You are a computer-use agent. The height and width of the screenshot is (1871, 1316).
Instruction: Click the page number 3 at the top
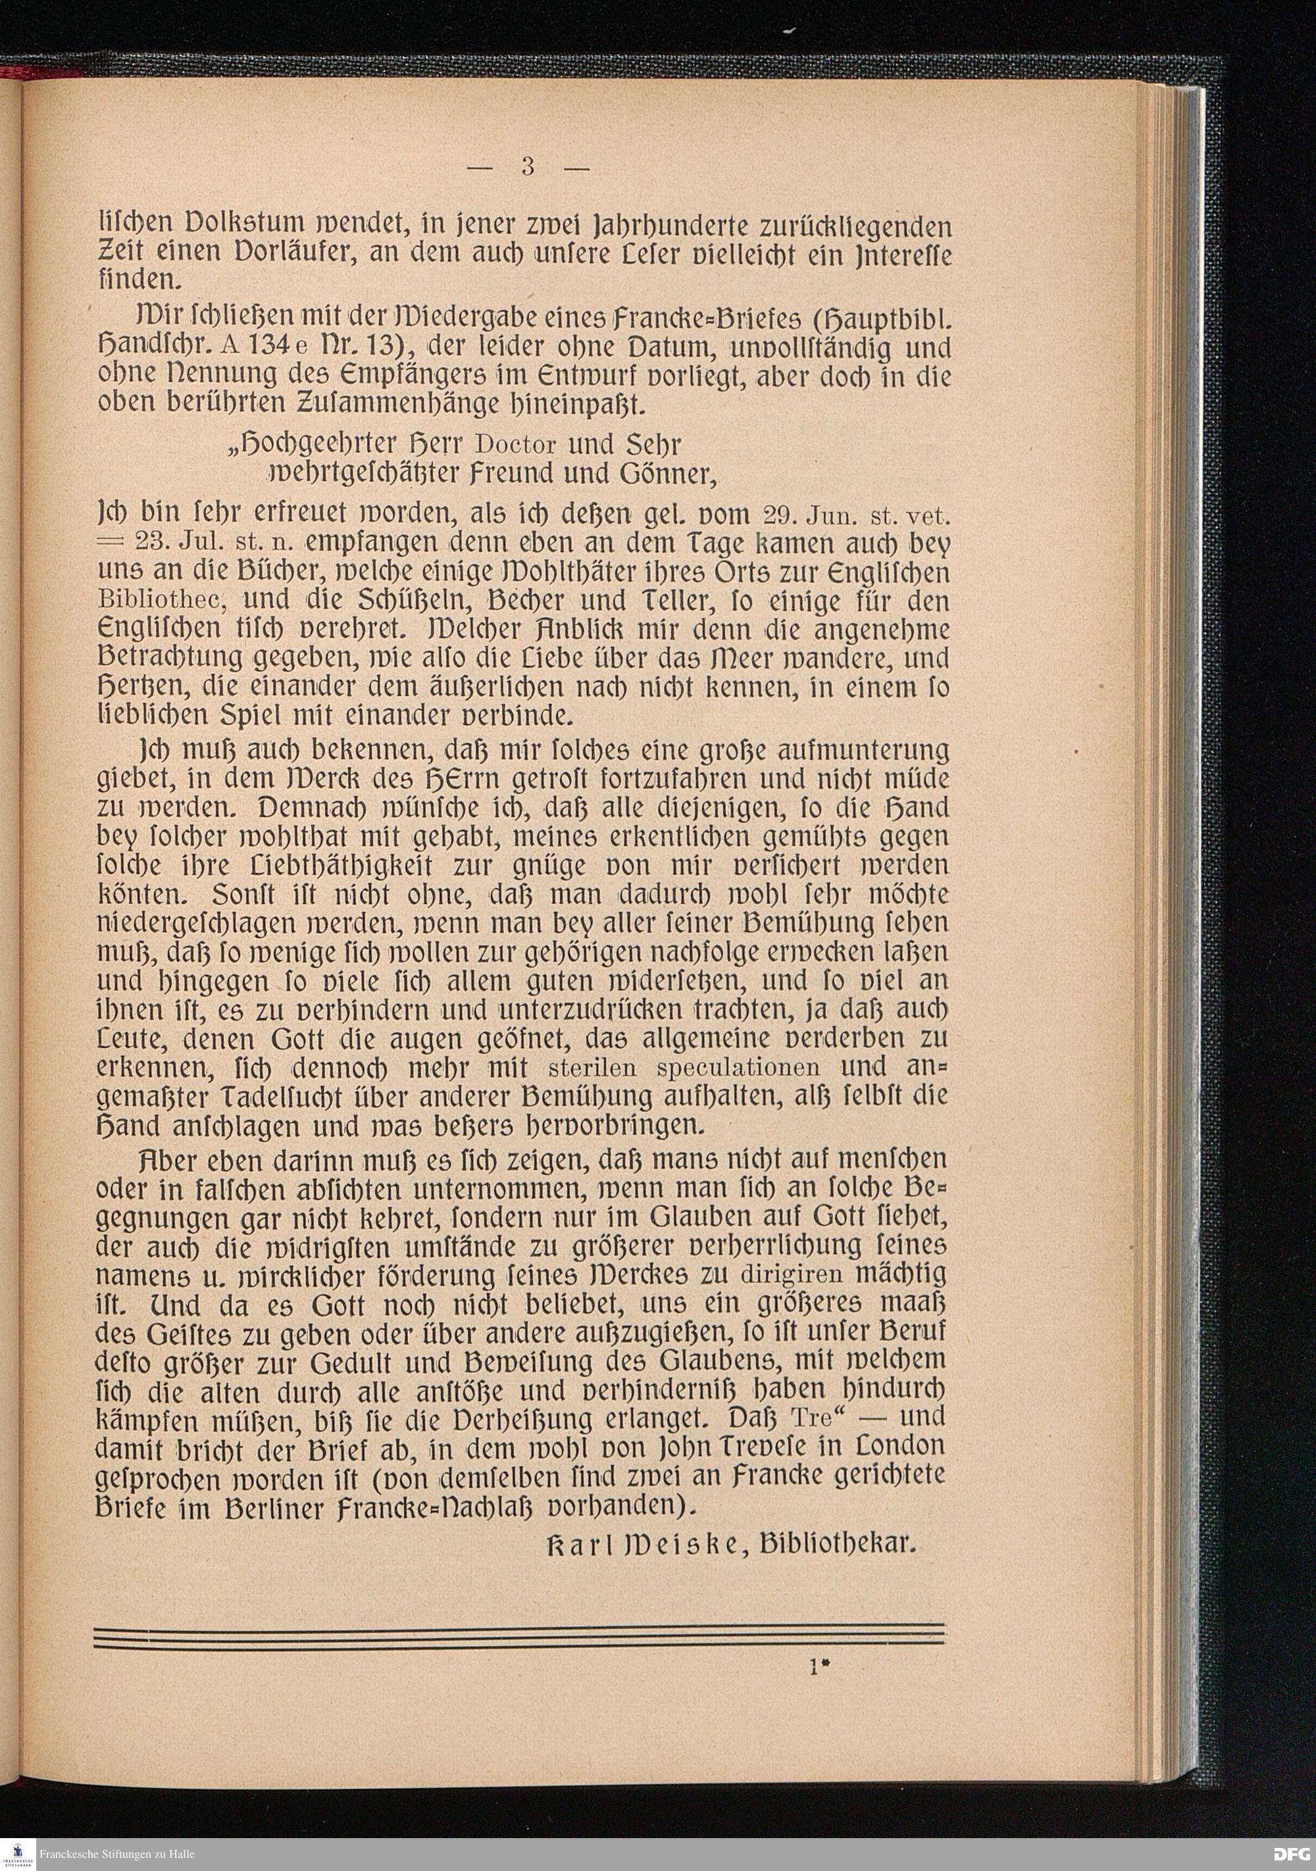(528, 166)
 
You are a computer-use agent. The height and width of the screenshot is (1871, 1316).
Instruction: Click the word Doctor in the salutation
(516, 446)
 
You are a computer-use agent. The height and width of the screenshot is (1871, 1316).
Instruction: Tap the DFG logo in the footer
(1292, 1853)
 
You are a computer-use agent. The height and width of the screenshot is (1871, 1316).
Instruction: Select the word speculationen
(738, 1068)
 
